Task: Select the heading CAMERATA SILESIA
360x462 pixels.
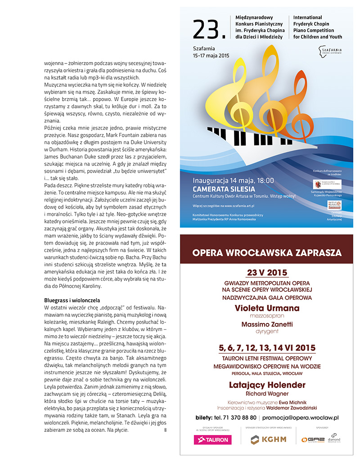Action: pyautogui.click(x=224, y=189)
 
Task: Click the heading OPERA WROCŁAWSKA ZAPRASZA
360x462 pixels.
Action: pyautogui.click(x=267, y=252)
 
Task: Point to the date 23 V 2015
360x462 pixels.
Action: pyautogui.click(x=267, y=273)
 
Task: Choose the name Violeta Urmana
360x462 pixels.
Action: pyautogui.click(x=267, y=308)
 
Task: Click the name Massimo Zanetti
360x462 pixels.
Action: pyautogui.click(x=267, y=324)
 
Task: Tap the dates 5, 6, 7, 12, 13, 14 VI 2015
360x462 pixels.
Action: pyautogui.click(x=267, y=348)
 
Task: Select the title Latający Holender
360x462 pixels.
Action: pyautogui.click(x=267, y=385)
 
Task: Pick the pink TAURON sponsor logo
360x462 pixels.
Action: pyautogui.click(x=211, y=440)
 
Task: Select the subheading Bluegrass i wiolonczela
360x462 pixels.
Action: pyautogui.click(x=72, y=300)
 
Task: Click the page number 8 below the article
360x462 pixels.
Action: pyautogui.click(x=166, y=431)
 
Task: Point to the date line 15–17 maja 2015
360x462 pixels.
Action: pyautogui.click(x=211, y=55)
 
